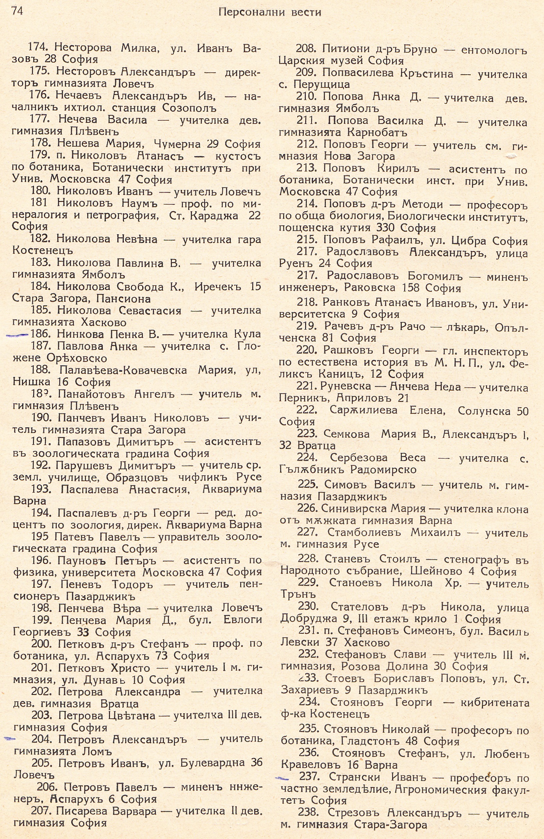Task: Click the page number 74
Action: (17, 12)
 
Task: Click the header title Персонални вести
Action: (270, 13)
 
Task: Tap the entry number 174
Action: (40, 47)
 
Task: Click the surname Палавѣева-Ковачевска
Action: (123, 370)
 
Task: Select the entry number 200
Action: (42, 644)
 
